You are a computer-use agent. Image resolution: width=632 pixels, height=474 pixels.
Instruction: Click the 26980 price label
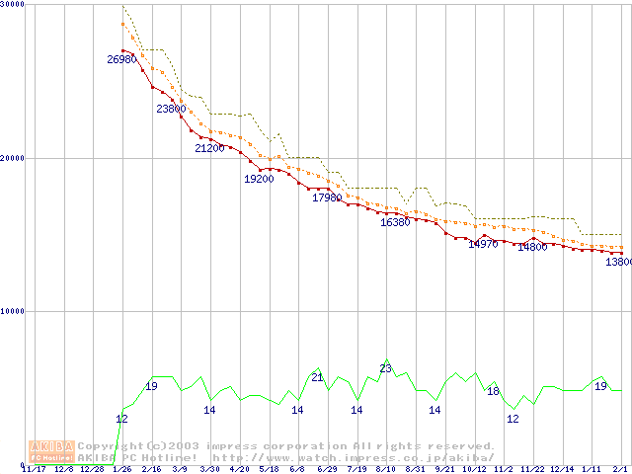121,59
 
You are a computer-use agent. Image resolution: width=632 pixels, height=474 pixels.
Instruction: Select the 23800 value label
171,109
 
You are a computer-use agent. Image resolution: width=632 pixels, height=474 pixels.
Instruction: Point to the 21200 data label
209,148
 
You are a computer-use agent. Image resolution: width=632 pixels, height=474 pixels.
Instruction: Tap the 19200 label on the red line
259,179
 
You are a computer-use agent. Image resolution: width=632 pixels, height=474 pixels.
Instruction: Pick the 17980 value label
327,197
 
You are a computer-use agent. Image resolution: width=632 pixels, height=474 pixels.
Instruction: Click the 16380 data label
395,222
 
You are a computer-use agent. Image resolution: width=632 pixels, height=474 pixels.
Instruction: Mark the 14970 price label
483,243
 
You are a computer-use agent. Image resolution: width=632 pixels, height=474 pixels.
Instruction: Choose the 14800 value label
532,247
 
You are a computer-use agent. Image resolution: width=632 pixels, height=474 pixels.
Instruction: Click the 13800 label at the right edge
619,263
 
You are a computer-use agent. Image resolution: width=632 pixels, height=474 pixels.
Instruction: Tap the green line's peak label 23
385,368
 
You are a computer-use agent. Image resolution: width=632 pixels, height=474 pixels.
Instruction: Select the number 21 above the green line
317,377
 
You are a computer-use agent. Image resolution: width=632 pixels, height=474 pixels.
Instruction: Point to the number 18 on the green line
493,391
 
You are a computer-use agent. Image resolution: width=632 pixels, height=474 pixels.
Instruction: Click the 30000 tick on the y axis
13,5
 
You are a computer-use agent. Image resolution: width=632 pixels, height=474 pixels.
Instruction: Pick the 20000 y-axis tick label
13,158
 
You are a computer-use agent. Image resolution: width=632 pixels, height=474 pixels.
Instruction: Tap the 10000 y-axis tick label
13,311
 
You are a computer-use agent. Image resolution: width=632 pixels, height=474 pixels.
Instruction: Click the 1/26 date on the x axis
122,469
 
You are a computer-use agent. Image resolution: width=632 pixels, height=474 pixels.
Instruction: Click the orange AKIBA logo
51,451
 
